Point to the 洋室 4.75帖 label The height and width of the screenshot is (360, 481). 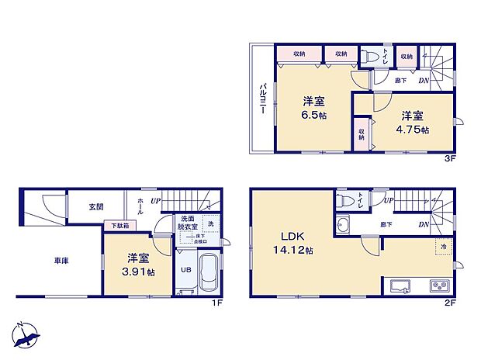click(412, 123)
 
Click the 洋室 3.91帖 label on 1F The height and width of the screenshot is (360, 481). click(140, 266)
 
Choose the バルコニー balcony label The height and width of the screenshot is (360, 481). click(262, 99)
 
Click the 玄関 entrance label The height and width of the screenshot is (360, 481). click(85, 207)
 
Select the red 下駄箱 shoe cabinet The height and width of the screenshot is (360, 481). click(120, 225)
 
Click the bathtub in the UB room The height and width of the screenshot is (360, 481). click(208, 272)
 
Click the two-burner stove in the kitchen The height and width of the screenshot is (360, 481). click(438, 286)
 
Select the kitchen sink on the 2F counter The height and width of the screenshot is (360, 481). click(401, 286)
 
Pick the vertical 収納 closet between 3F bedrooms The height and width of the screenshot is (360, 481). click(362, 133)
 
